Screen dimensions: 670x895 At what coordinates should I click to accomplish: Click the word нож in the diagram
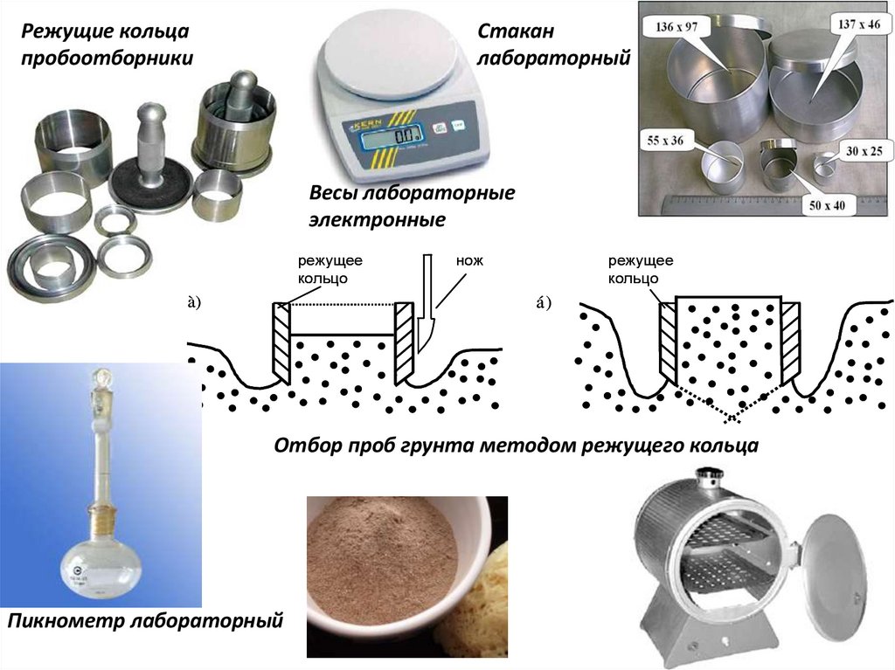click(468, 260)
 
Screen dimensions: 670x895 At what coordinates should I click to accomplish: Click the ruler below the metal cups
click(760, 204)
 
